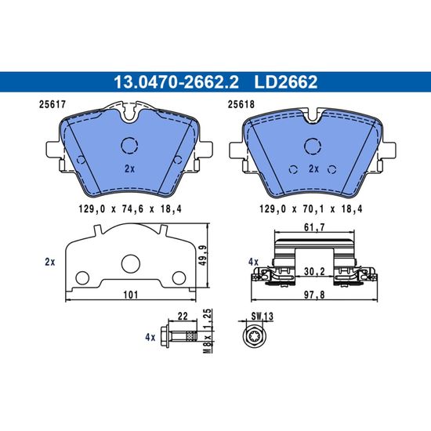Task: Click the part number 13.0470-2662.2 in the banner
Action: (x=176, y=82)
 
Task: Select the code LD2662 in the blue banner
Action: (x=286, y=82)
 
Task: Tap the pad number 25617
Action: (x=53, y=104)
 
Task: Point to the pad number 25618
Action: (x=241, y=104)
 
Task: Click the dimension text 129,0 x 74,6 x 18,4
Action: (x=130, y=209)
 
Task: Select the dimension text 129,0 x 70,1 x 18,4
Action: (x=311, y=209)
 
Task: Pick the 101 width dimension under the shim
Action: (x=131, y=295)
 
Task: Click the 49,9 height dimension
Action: (x=203, y=255)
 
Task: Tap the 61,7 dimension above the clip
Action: (x=315, y=227)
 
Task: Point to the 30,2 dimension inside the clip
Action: (x=315, y=272)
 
